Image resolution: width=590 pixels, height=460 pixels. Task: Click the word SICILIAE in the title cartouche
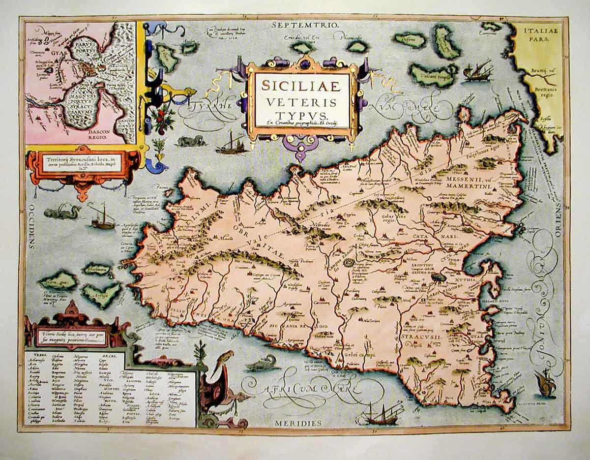[300, 86]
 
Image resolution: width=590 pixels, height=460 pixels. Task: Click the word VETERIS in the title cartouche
[301, 101]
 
